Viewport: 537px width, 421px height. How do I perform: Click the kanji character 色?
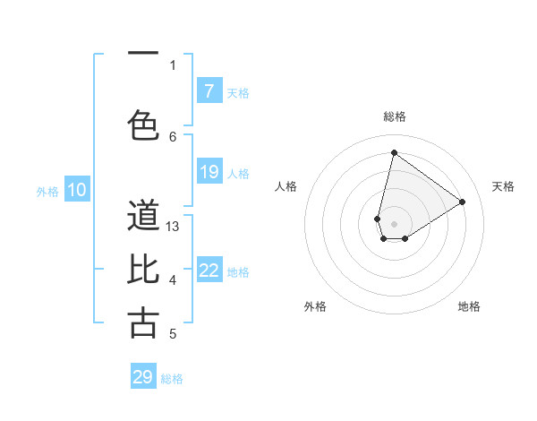[x=143, y=125]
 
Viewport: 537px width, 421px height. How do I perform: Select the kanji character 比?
[x=143, y=270]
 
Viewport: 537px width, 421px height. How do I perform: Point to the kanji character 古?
[x=143, y=323]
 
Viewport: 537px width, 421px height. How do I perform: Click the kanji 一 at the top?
[x=143, y=55]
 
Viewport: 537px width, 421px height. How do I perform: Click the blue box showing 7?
[x=209, y=91]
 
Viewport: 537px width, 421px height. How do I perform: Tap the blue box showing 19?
[x=209, y=172]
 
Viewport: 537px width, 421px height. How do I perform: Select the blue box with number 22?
[x=209, y=271]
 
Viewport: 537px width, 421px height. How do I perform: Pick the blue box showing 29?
[x=143, y=377]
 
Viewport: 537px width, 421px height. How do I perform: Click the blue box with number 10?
[x=77, y=190]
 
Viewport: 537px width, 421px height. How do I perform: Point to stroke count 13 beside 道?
[x=174, y=227]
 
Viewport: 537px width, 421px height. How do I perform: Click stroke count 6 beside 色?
[x=173, y=136]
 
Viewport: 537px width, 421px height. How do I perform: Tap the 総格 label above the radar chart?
[x=395, y=116]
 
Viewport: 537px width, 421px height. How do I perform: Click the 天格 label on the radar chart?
[x=503, y=186]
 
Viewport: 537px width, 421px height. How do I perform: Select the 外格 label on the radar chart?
[x=315, y=306]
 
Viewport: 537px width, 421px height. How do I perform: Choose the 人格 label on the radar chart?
[x=286, y=186]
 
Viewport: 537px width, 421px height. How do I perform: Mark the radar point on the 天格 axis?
[x=463, y=202]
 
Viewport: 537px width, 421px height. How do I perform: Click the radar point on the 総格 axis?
[x=394, y=152]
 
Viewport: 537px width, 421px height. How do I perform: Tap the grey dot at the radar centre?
[x=394, y=224]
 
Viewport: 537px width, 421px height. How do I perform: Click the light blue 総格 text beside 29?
[x=172, y=379]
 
